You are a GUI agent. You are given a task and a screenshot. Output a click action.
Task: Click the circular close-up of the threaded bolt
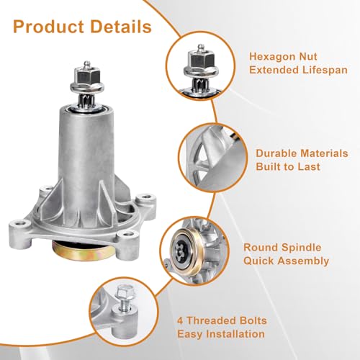point(130,315)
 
